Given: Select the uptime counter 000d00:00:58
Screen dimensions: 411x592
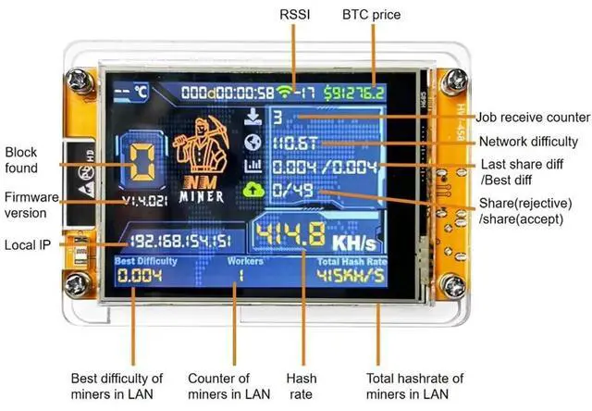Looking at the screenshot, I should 228,92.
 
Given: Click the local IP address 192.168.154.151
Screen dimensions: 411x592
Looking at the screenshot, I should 182,241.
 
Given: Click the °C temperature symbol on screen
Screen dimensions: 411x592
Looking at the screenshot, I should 141,93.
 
